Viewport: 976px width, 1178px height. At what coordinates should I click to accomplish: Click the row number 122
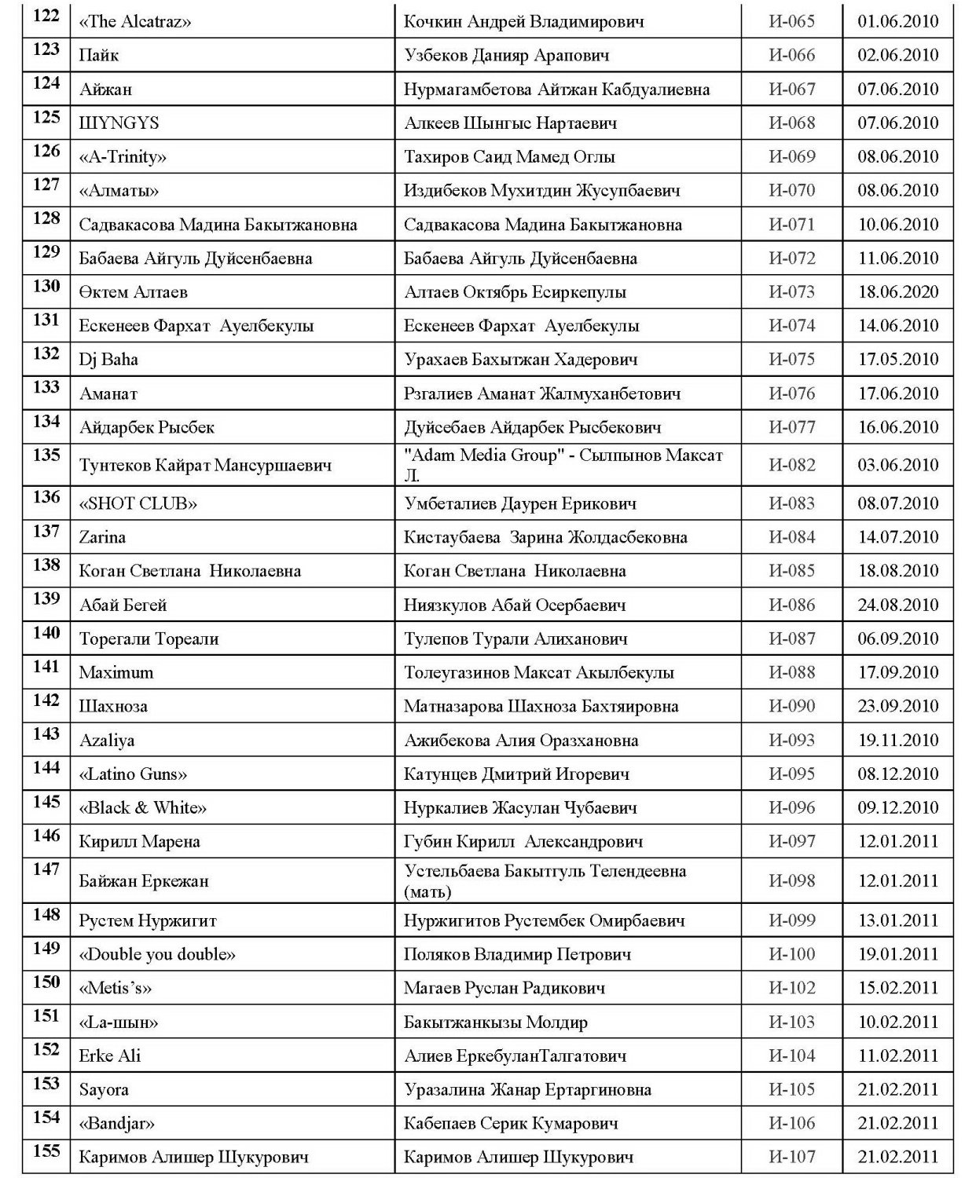pyautogui.click(x=46, y=16)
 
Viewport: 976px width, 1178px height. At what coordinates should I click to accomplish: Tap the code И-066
pyautogui.click(x=791, y=55)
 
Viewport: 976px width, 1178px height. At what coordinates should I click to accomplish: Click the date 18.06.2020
pyautogui.click(x=897, y=292)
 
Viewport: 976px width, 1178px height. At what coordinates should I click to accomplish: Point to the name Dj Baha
pyautogui.click(x=108, y=360)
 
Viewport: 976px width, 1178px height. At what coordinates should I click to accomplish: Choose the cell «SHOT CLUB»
pyautogui.click(x=138, y=503)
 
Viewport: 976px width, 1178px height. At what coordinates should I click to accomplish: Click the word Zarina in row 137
pyautogui.click(x=102, y=537)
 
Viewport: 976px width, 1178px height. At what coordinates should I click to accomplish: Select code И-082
pyautogui.click(x=791, y=465)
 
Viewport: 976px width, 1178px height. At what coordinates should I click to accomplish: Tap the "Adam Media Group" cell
pyautogui.click(x=563, y=465)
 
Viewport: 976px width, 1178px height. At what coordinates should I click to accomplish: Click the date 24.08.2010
pyautogui.click(x=897, y=605)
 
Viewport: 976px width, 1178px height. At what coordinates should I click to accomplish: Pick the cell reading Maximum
pyautogui.click(x=116, y=672)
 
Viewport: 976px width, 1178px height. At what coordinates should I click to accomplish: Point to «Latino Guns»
pyautogui.click(x=133, y=774)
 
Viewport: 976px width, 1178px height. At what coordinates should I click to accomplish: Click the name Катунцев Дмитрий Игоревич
pyautogui.click(x=516, y=774)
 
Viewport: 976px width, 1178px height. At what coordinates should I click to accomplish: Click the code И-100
pyautogui.click(x=791, y=954)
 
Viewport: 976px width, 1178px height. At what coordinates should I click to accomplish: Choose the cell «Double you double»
pyautogui.click(x=157, y=954)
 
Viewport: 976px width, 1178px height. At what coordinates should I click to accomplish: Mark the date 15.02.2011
pyautogui.click(x=897, y=988)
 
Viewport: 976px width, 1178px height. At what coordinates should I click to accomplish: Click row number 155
pyautogui.click(x=46, y=1151)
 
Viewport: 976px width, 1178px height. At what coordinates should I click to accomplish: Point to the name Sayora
pyautogui.click(x=104, y=1089)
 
